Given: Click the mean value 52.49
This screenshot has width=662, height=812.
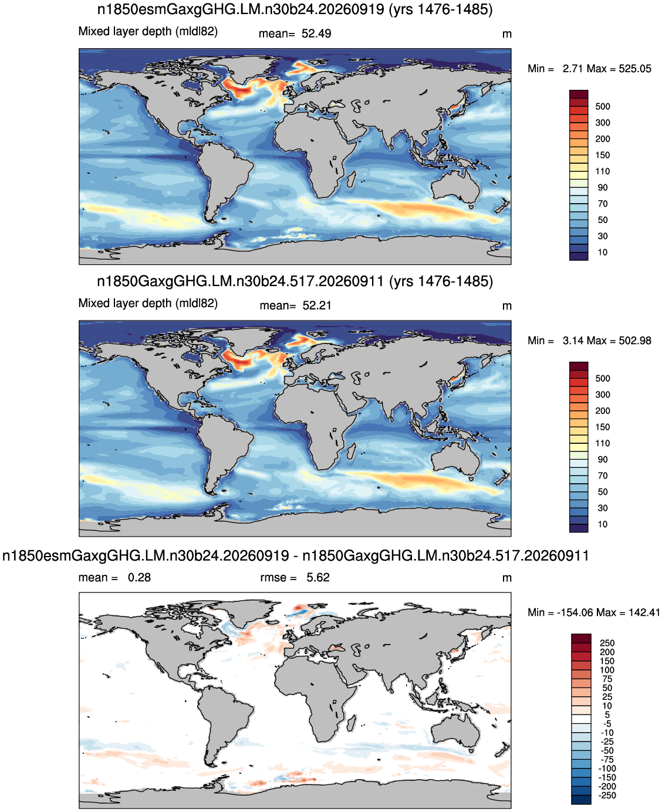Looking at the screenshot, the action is (316, 34).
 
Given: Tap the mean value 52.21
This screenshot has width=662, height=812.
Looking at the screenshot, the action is (317, 306).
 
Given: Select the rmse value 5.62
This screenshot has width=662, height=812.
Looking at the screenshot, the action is (318, 578).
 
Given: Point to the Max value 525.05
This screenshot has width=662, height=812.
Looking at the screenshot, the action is (635, 69).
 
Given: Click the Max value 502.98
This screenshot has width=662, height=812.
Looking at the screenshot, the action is (635, 341).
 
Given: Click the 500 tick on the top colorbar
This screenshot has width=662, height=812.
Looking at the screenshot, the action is (602, 107).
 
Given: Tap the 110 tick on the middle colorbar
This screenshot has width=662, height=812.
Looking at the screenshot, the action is (602, 443).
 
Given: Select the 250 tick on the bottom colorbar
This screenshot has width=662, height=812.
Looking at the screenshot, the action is (607, 643).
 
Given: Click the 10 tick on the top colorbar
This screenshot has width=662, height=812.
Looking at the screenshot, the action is (602, 252).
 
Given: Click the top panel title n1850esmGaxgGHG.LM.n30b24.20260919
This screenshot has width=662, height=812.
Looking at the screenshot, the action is (241, 9).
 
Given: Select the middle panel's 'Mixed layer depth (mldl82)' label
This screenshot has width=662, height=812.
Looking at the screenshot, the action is (148, 304).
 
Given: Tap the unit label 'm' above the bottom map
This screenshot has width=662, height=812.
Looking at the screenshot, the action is (507, 578).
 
